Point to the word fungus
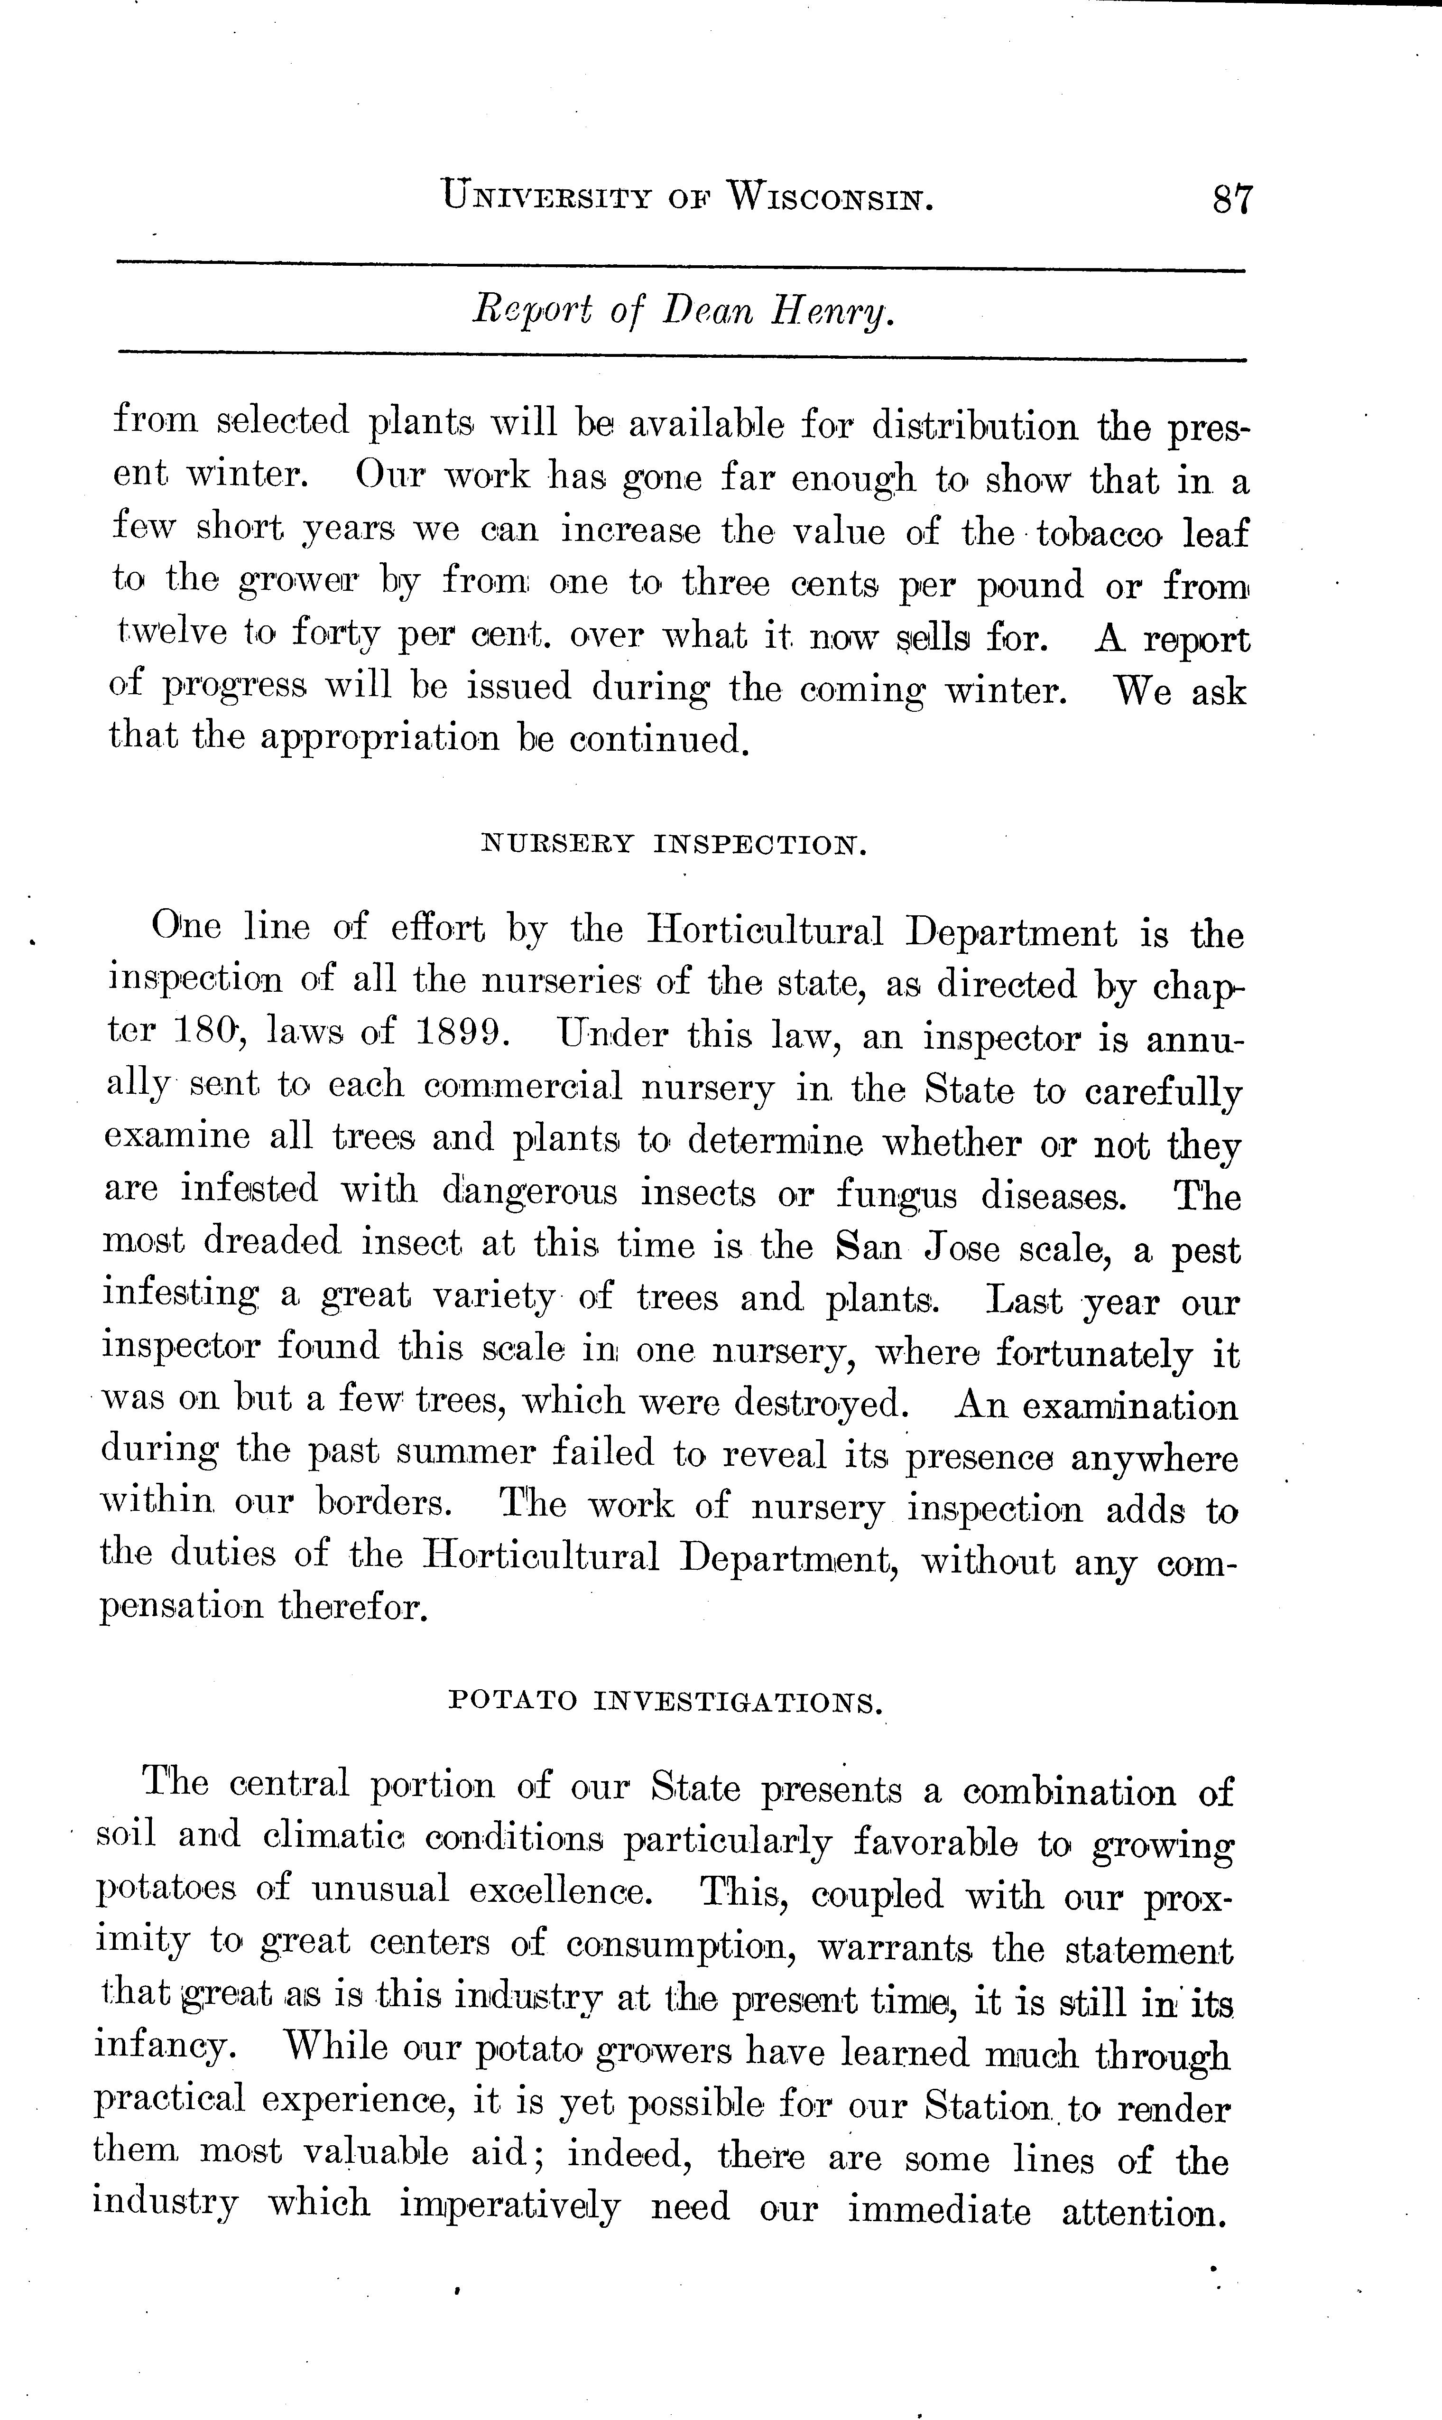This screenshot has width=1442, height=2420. [896, 1194]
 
